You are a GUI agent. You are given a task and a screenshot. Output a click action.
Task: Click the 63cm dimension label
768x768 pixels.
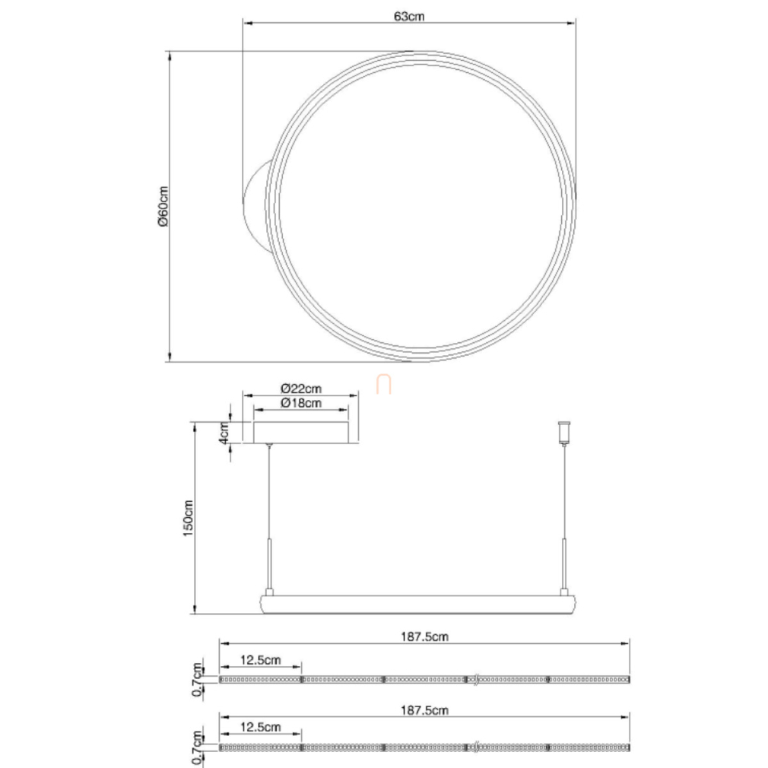tap(409, 16)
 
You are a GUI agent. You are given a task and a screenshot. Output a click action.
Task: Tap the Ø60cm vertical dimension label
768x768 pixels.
tap(163, 206)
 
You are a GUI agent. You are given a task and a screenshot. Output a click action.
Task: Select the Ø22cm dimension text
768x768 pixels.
tap(300, 389)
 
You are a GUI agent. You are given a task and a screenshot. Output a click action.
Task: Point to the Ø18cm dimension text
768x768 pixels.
tap(300, 402)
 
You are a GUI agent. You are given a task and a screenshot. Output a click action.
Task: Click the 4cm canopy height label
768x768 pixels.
tap(224, 433)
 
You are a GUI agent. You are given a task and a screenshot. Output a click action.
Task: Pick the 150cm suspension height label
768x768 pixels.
tap(189, 518)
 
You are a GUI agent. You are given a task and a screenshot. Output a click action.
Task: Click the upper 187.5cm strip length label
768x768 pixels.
tap(424, 636)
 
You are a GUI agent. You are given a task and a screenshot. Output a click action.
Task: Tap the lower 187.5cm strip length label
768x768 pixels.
tap(424, 709)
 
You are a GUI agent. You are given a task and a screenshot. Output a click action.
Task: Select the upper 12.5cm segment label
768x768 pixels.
tap(261, 660)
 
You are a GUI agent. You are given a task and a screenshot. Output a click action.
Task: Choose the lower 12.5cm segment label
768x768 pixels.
tap(261, 727)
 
